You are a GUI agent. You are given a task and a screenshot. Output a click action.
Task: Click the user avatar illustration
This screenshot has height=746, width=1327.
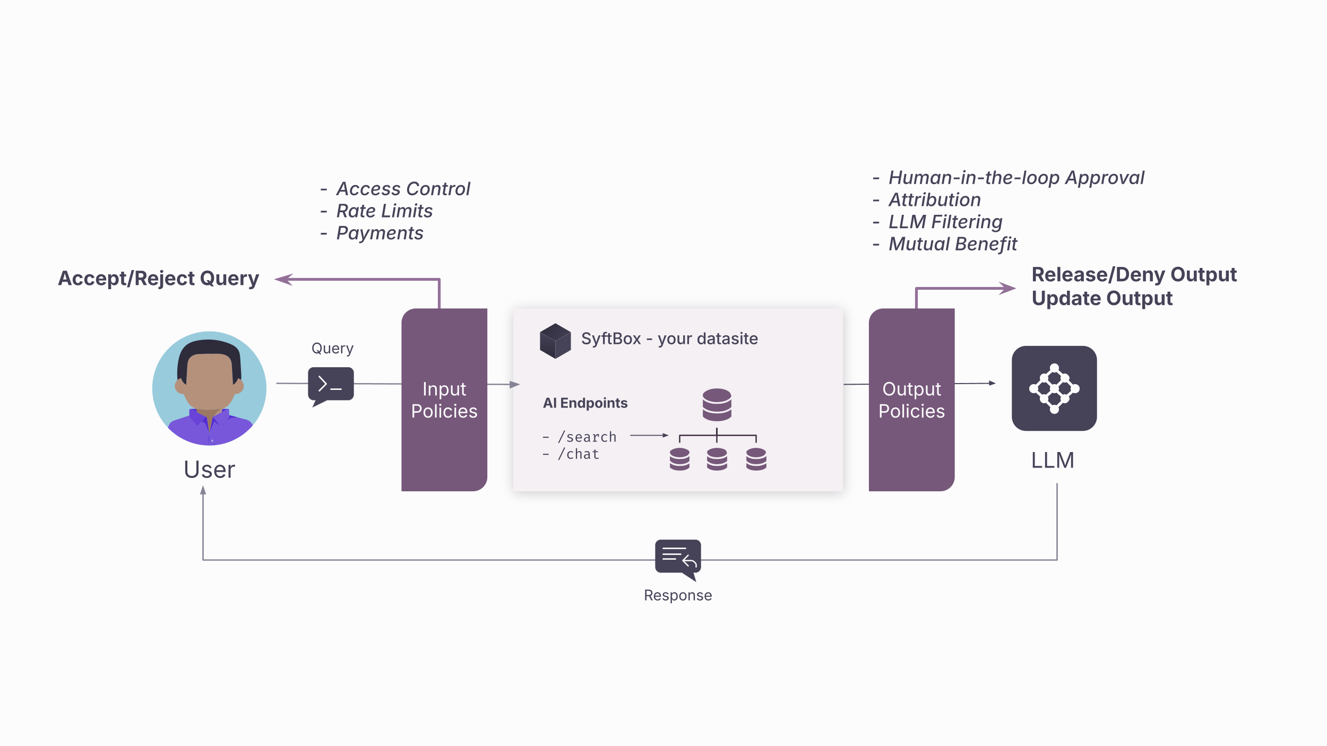click(209, 388)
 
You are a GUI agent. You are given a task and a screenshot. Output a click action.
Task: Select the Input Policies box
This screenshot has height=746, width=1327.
click(444, 400)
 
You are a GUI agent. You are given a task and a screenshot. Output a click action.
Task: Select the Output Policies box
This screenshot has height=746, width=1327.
click(911, 400)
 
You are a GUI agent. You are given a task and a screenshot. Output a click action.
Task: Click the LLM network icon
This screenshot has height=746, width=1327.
click(1054, 388)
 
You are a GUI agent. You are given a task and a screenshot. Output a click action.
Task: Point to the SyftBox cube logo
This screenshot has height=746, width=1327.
click(555, 341)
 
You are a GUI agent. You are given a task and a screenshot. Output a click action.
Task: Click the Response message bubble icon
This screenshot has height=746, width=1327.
click(678, 558)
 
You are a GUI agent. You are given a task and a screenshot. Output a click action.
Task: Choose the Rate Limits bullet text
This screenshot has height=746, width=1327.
click(384, 211)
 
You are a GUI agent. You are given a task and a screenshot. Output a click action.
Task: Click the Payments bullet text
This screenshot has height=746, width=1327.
click(380, 233)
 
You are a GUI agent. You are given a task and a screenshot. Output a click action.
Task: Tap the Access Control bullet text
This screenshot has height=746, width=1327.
click(403, 189)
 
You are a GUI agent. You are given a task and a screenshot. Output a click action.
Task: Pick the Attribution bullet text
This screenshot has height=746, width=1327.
click(935, 200)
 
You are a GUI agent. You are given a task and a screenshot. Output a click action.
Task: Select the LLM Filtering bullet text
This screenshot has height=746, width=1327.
click(945, 222)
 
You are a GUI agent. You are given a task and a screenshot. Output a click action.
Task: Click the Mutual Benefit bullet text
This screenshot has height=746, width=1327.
click(953, 244)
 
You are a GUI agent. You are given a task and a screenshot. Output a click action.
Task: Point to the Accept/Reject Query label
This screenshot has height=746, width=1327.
click(159, 279)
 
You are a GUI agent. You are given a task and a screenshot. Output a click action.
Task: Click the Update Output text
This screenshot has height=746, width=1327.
click(1102, 299)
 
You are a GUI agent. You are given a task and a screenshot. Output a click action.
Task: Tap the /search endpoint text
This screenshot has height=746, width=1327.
click(587, 437)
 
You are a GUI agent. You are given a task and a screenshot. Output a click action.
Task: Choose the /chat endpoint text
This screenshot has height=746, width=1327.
click(579, 454)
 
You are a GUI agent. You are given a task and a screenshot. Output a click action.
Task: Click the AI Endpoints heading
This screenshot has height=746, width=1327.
click(585, 403)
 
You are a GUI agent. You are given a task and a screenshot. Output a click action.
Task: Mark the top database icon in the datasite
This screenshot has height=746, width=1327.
click(717, 404)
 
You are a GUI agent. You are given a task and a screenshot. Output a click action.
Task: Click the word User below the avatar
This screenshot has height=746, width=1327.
click(209, 470)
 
